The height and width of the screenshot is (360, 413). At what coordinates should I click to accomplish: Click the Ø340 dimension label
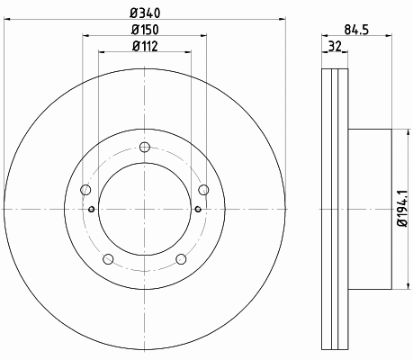click(145, 13)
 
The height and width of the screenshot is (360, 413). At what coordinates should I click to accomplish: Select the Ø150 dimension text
click(145, 30)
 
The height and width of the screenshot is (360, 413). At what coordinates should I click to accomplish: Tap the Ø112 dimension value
click(145, 46)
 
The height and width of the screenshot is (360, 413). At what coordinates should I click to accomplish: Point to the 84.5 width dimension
click(356, 30)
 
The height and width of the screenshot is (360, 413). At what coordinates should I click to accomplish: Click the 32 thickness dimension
click(335, 46)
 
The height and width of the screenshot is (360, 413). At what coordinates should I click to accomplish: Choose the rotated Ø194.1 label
click(402, 209)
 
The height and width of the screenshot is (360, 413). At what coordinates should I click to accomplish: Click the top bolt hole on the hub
click(145, 147)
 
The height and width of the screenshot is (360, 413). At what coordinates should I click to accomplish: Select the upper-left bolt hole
click(85, 190)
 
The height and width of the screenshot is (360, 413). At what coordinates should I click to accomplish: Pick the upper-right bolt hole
click(204, 190)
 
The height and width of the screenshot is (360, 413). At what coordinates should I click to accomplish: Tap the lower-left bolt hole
click(108, 259)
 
